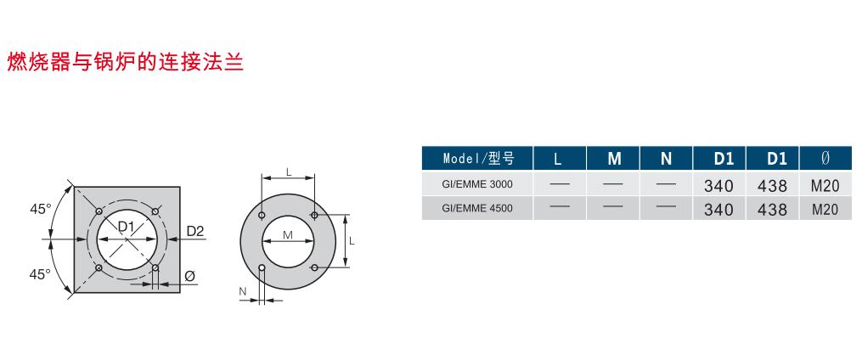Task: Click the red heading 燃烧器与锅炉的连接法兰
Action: [x=125, y=62]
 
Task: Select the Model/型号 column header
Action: [x=478, y=159]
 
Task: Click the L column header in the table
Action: [x=557, y=160]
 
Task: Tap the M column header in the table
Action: [x=614, y=160]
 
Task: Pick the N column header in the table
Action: [x=667, y=160]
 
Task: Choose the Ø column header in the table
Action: [x=825, y=159]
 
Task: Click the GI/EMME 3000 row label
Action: [x=477, y=184]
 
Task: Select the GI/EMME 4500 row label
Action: [x=477, y=208]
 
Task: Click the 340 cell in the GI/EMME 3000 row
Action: [x=718, y=186]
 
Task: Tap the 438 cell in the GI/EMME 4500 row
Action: [x=772, y=210]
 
